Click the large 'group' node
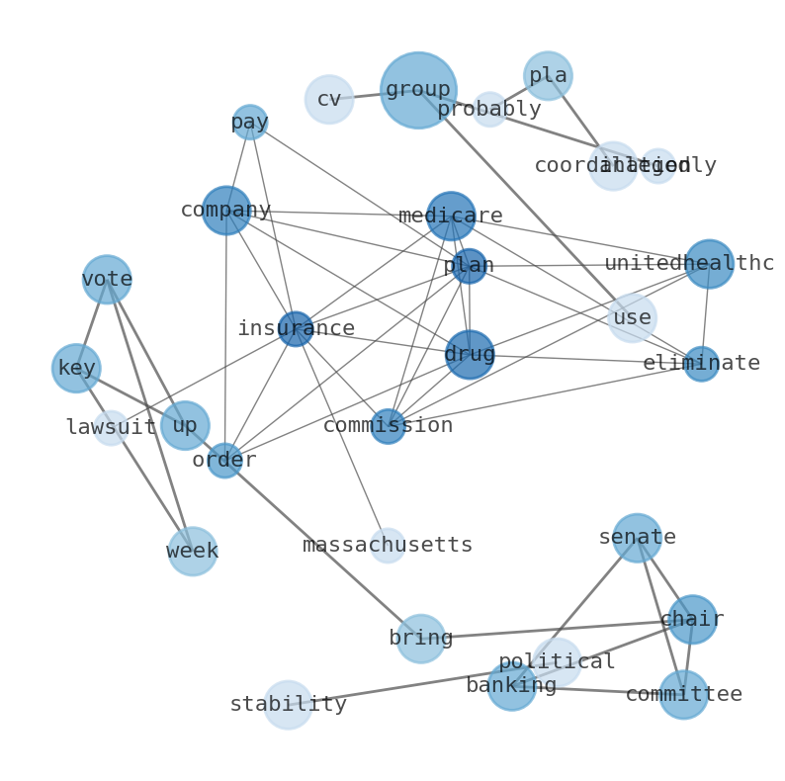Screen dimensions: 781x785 (x=418, y=91)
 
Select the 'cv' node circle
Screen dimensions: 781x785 (x=329, y=100)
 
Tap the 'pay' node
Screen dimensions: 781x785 (x=250, y=123)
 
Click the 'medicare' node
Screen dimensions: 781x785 (x=451, y=217)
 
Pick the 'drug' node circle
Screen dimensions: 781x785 (x=470, y=355)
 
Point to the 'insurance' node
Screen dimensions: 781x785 (x=296, y=329)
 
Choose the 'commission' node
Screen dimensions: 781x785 (x=388, y=426)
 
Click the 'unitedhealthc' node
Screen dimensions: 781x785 (x=709, y=264)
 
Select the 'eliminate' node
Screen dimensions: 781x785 (x=701, y=364)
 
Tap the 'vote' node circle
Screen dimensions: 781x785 (x=107, y=280)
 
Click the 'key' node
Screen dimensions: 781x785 (x=76, y=369)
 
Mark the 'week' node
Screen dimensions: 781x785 (x=192, y=552)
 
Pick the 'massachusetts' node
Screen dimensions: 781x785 (x=388, y=546)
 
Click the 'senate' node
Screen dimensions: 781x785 (x=637, y=538)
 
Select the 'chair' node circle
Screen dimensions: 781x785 (x=692, y=620)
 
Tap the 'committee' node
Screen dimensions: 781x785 (x=683, y=695)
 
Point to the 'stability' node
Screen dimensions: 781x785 (x=288, y=705)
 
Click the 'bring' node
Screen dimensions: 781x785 (x=421, y=639)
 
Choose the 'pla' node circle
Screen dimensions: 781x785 (x=548, y=76)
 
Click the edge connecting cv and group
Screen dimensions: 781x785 (x=367, y=96)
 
